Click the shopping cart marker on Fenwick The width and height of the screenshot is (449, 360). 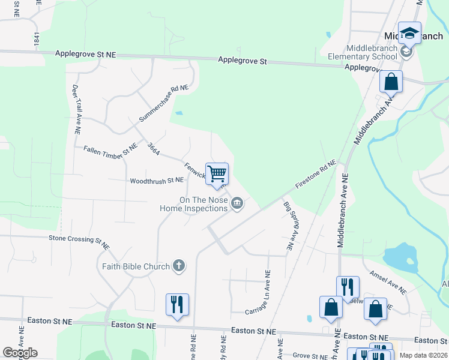click(x=217, y=174)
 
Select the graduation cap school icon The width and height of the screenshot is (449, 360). click(x=409, y=34)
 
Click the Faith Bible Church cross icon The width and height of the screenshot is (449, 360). click(x=178, y=266)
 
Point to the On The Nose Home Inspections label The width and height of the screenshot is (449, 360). click(x=193, y=205)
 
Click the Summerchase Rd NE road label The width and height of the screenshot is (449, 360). click(x=163, y=103)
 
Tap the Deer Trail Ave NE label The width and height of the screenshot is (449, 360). click(x=76, y=109)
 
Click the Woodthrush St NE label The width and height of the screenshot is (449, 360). click(x=156, y=180)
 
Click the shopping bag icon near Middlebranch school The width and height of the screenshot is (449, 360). click(x=391, y=82)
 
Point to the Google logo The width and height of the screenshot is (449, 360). click(x=20, y=353)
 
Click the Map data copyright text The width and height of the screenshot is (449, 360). click(x=424, y=355)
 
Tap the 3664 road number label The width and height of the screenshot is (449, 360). click(x=153, y=149)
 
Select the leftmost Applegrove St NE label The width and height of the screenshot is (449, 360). click(x=85, y=54)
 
